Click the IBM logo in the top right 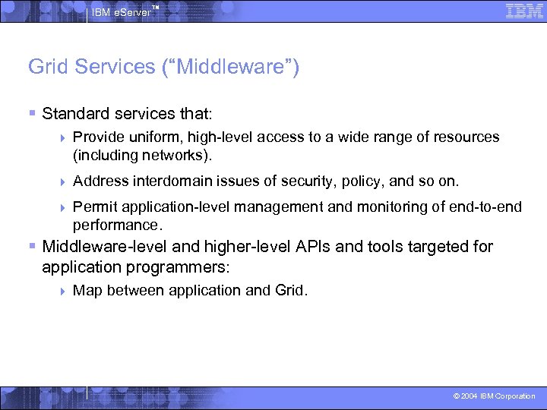click(x=523, y=10)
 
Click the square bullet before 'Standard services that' click(x=32, y=113)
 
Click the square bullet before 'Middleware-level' click(x=32, y=246)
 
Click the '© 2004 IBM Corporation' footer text click(x=494, y=396)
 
